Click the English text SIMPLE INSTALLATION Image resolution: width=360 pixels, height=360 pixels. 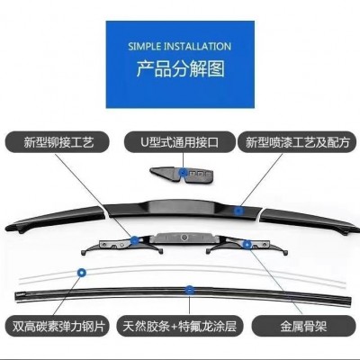pos(179,47)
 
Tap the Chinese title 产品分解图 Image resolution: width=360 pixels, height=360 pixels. pos(180,68)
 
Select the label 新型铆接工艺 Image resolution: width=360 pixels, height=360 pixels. pos(58,142)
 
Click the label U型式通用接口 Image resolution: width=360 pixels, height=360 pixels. pos(180,142)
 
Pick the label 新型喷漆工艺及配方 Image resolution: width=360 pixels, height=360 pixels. pos(298,142)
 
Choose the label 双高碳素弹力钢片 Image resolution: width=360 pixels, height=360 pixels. pos(58,326)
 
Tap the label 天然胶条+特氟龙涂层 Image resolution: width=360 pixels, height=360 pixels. pos(179,326)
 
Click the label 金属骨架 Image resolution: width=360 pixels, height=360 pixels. pos(303,326)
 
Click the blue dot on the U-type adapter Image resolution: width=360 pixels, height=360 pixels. pos(183,173)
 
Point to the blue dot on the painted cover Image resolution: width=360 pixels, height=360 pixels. pos(238,211)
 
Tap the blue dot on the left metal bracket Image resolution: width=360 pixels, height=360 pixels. pos(135,239)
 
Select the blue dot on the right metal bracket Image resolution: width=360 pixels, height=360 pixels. pos(247,245)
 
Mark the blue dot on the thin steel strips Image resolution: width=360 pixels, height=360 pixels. pos(82,273)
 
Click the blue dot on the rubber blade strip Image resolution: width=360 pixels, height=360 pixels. pos(189,290)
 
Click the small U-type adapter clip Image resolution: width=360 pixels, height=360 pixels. pos(182,175)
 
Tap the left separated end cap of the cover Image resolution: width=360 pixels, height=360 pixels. pos(56,219)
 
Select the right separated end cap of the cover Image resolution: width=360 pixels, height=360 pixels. pos(309,220)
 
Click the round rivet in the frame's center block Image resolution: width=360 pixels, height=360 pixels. pos(184,238)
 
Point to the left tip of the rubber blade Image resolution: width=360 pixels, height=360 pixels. pos(16,295)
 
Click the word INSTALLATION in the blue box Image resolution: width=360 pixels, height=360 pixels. pos(197,47)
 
